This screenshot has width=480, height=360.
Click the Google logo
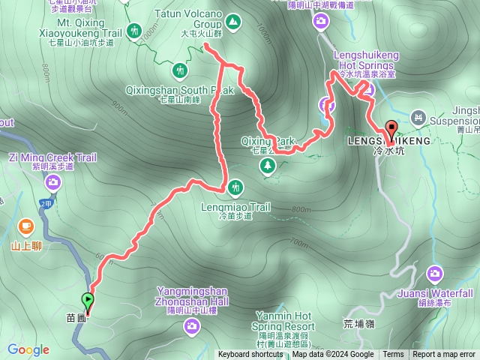28,349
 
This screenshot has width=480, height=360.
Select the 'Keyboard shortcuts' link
250,355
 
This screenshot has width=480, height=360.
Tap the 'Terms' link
393,355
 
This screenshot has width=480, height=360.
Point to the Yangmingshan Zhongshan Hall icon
192,325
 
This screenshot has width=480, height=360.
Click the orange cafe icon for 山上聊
26,226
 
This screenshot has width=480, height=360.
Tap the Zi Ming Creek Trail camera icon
53,181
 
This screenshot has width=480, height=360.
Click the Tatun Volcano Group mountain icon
234,23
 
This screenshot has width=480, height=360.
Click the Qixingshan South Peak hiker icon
180,70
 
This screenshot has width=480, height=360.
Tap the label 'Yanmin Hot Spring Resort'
284,321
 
